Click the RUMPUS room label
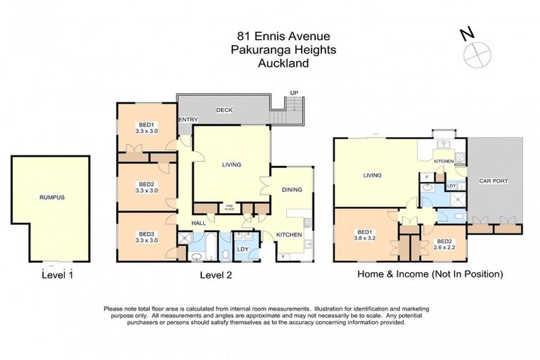coord(51,198)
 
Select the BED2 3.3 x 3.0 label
coord(146,186)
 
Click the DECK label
coord(224,110)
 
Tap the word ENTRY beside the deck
coord(188,120)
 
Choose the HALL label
coord(199,223)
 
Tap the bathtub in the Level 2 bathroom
coord(209,247)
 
